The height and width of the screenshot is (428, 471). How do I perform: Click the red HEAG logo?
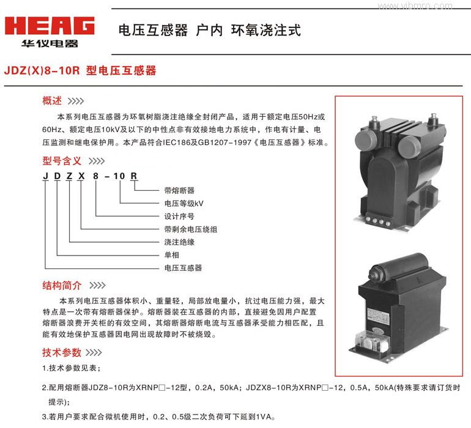(50, 26)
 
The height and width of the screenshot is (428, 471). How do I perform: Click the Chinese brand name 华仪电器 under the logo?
(50, 43)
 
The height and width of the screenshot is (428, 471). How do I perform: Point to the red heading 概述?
(52, 101)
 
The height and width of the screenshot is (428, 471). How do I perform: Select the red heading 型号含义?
(62, 161)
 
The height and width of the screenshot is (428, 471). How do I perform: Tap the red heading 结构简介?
(62, 285)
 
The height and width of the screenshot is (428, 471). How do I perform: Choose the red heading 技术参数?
(62, 352)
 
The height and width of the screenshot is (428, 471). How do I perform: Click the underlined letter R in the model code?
(134, 176)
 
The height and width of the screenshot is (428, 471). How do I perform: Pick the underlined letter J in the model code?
(46, 176)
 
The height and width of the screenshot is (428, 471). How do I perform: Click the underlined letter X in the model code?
(81, 176)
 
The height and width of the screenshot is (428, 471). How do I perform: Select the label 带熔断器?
(179, 190)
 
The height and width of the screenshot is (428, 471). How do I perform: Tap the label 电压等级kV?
(184, 204)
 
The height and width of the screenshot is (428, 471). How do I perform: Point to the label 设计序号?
(179, 216)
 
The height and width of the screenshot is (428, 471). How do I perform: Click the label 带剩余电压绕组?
(191, 229)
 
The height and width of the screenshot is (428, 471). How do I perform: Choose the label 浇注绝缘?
(179, 242)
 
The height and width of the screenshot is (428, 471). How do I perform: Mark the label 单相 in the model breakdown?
(172, 255)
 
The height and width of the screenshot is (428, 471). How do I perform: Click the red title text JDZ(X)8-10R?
(42, 70)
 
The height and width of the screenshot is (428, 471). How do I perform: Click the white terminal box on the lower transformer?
(371, 341)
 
